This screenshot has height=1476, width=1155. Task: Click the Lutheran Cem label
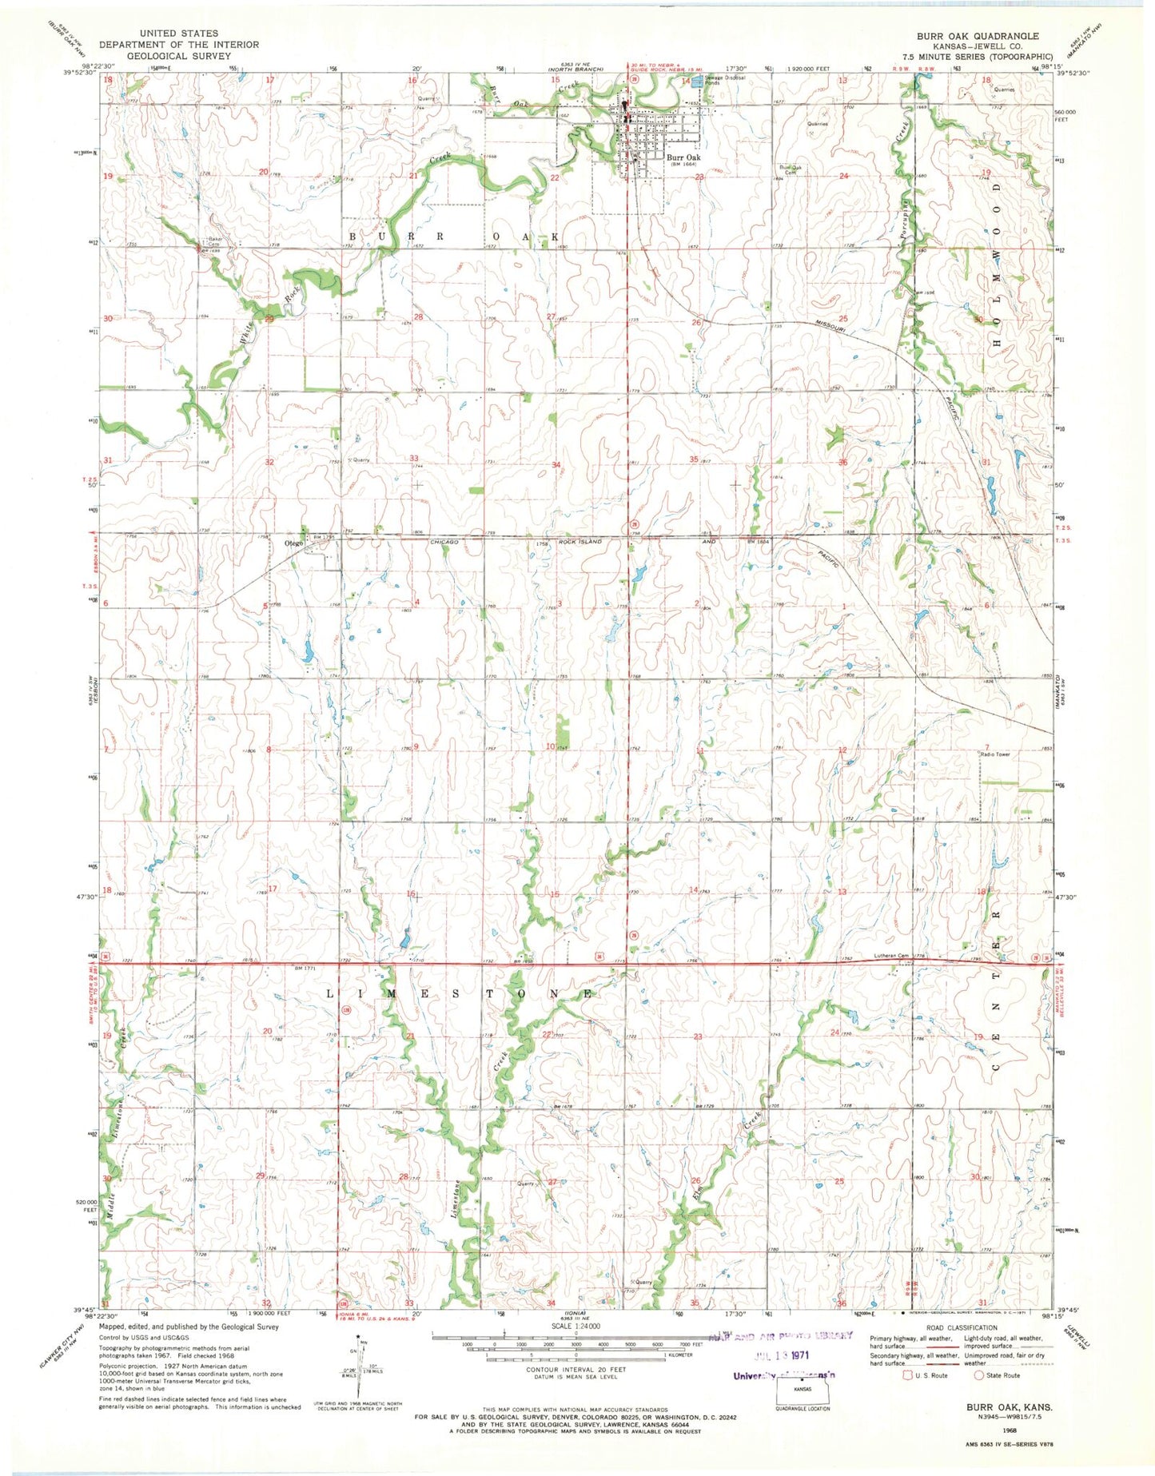click(x=891, y=956)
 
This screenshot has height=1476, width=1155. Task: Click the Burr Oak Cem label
click(x=791, y=169)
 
